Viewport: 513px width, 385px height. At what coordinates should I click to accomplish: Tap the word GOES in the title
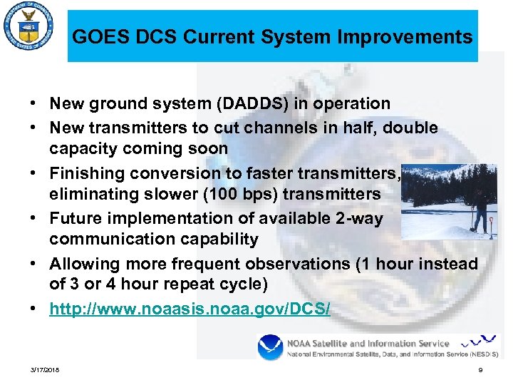pyautogui.click(x=96, y=37)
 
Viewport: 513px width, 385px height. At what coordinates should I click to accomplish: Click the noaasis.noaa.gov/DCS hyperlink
pyautogui.click(x=190, y=310)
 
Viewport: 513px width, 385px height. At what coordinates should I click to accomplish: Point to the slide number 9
pyautogui.click(x=481, y=370)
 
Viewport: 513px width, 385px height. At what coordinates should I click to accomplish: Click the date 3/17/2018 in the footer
pyautogui.click(x=46, y=370)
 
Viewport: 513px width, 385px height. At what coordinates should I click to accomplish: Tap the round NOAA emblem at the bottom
pyautogui.click(x=271, y=348)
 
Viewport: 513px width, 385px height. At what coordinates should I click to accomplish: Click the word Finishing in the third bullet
pyautogui.click(x=86, y=173)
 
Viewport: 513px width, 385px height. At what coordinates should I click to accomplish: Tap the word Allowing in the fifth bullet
pyautogui.click(x=81, y=264)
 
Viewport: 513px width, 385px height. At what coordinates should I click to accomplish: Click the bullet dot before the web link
pyautogui.click(x=34, y=310)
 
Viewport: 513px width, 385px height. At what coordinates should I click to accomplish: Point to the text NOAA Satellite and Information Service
pyautogui.click(x=368, y=343)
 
